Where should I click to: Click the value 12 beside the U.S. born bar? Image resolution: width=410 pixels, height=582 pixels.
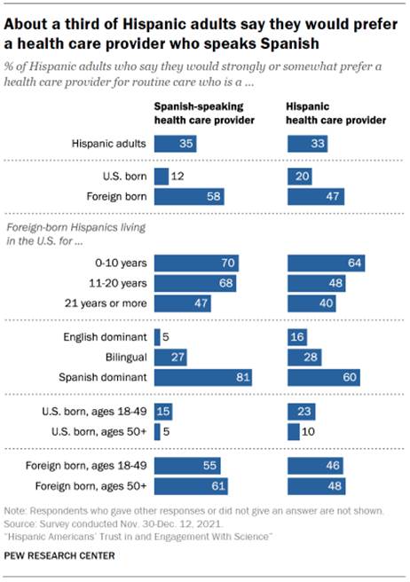pos(177,177)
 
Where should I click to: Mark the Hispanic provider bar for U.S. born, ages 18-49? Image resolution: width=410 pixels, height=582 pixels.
pos(302,413)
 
